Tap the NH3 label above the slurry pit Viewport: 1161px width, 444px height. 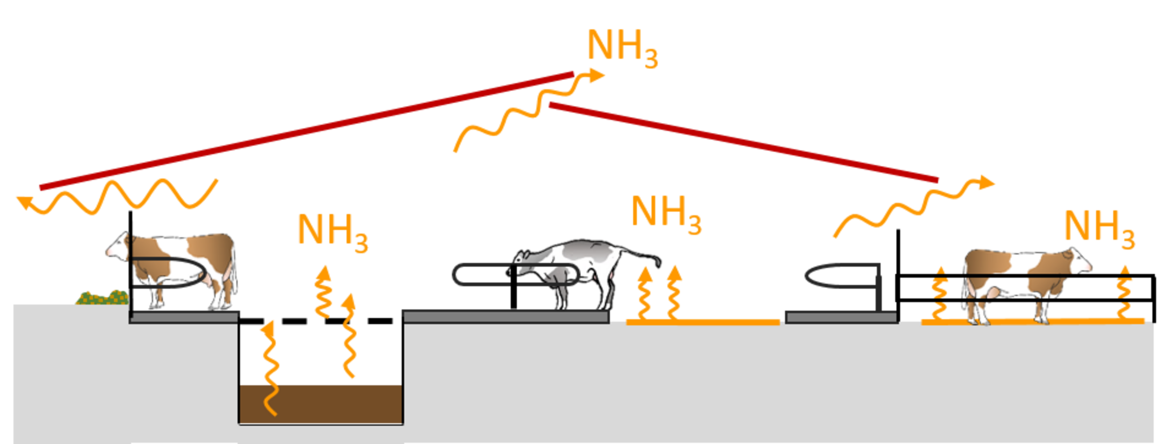pyautogui.click(x=332, y=232)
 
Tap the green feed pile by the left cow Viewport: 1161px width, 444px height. pyautogui.click(x=102, y=297)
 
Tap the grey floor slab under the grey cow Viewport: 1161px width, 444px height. pyautogui.click(x=506, y=317)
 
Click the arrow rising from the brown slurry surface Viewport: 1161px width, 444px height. pyautogui.click(x=269, y=367)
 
